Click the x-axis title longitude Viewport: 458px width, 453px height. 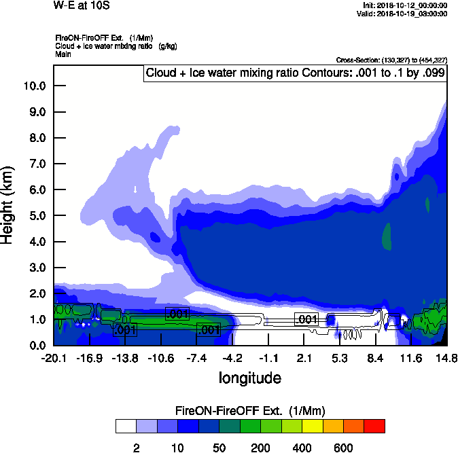(x=249, y=378)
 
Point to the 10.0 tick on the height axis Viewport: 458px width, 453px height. (x=34, y=86)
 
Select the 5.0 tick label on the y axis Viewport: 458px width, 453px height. (x=37, y=216)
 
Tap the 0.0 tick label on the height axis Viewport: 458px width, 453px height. (x=37, y=345)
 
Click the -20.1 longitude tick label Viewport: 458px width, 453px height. (x=54, y=358)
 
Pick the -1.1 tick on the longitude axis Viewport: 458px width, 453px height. (x=268, y=358)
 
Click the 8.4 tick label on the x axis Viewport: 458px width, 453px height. (x=376, y=358)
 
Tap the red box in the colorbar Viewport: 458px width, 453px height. (x=374, y=426)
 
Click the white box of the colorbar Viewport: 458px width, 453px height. (x=126, y=426)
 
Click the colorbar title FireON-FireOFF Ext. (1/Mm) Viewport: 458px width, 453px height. (x=250, y=410)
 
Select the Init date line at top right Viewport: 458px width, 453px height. (x=405, y=5)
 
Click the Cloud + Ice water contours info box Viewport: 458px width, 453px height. (x=295, y=73)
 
